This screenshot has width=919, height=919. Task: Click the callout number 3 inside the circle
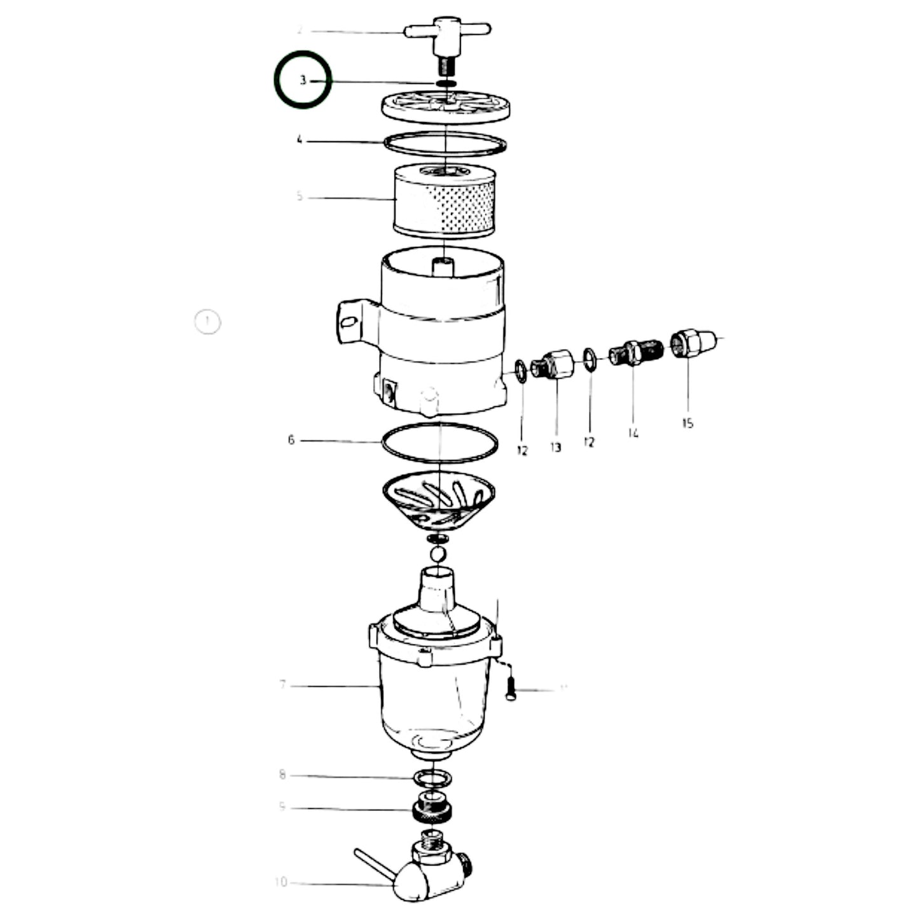coord(303,80)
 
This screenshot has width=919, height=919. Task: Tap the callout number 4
coord(300,139)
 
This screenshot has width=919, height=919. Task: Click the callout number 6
coord(291,439)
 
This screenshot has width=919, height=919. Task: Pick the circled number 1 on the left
coord(207,322)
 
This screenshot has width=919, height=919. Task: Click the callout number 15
coord(688,423)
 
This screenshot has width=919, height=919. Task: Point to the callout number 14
coord(633,433)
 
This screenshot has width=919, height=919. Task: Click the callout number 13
coord(556,447)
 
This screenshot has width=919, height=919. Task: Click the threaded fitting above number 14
coord(633,353)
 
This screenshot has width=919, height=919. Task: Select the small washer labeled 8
coord(432,777)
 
